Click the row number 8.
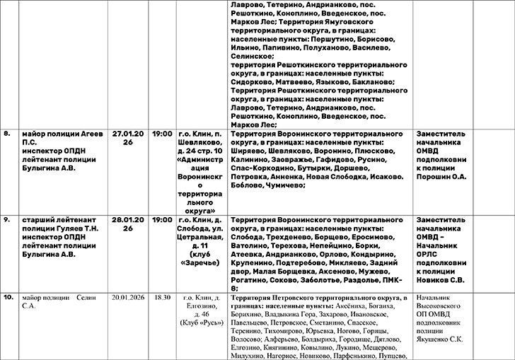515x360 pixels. (x=6, y=132)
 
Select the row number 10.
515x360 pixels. (x=8, y=298)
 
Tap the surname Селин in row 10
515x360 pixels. (x=84, y=298)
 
